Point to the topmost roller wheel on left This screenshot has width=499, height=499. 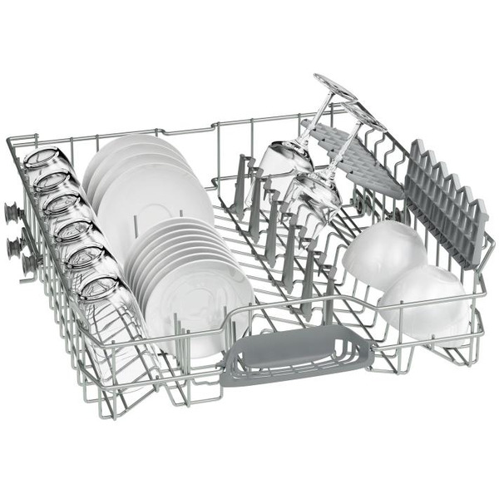tap(13, 211)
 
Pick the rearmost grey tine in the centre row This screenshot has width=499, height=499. tap(241, 170)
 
